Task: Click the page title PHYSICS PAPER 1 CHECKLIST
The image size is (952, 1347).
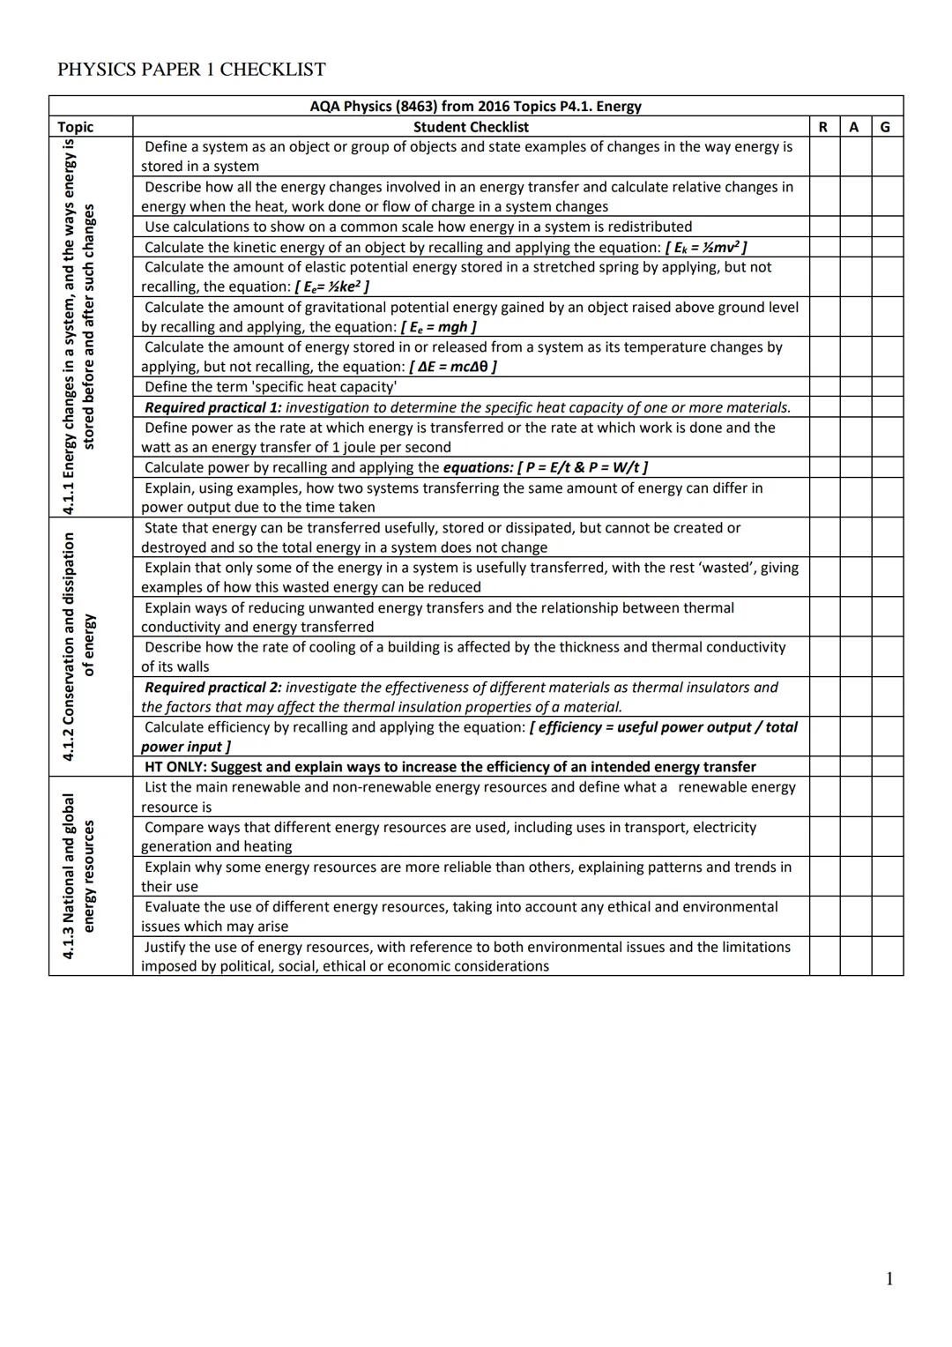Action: [191, 70]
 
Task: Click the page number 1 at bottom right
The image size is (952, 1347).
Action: [889, 1279]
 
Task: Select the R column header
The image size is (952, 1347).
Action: [823, 127]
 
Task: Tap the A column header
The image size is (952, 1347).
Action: [854, 127]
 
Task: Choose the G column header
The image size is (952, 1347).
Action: [886, 127]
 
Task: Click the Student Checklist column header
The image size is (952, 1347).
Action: [471, 127]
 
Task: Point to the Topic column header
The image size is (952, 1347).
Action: [76, 127]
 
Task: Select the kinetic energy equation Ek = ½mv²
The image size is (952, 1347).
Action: [706, 248]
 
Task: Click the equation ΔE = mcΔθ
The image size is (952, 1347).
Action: [453, 367]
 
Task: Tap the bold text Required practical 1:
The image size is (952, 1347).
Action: [212, 407]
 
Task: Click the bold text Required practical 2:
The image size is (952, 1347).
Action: [212, 688]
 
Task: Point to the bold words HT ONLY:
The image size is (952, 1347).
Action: [175, 767]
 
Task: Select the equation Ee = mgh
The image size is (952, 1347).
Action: [438, 327]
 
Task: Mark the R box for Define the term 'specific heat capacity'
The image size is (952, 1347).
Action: [824, 387]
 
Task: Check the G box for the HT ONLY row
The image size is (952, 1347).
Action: [887, 767]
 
